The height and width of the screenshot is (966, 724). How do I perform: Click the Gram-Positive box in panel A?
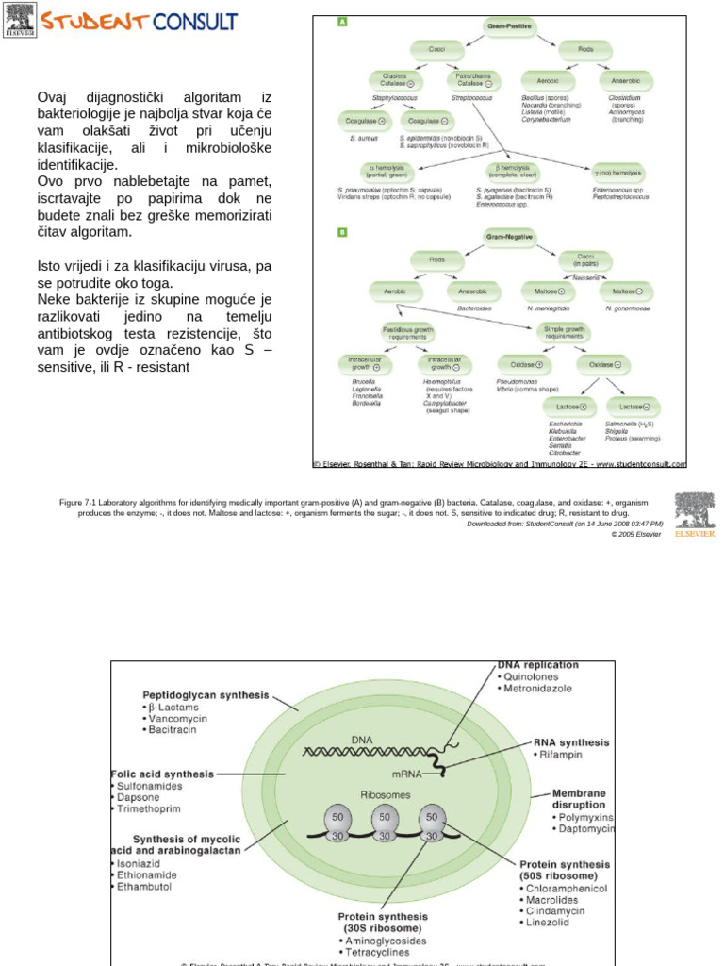(x=509, y=28)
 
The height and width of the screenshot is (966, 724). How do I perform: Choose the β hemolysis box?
(x=509, y=173)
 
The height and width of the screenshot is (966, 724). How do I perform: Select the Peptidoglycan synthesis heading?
(x=206, y=695)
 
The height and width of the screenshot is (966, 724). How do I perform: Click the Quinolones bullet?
(x=532, y=676)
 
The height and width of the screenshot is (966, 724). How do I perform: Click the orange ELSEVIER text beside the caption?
(x=696, y=534)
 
